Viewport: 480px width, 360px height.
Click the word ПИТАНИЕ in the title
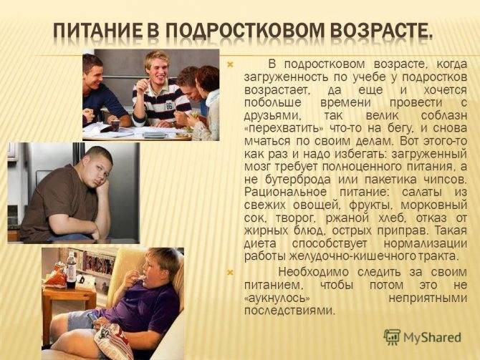(x=98, y=31)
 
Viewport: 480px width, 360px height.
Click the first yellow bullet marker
(x=230, y=64)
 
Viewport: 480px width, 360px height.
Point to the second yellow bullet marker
(x=230, y=272)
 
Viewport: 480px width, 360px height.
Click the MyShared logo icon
(x=392, y=337)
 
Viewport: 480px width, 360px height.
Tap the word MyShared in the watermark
(x=432, y=337)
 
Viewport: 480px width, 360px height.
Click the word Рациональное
(x=285, y=193)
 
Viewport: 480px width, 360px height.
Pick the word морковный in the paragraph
(x=433, y=205)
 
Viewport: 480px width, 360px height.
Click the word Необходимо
(x=314, y=272)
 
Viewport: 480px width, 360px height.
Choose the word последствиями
(x=288, y=311)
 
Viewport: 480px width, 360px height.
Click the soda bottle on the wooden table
(x=72, y=270)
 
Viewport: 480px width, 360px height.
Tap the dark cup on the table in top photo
(x=115, y=125)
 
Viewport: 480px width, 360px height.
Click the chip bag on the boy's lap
(x=114, y=341)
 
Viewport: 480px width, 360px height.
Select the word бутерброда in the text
(x=297, y=180)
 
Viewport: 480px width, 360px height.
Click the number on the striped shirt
(x=169, y=106)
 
